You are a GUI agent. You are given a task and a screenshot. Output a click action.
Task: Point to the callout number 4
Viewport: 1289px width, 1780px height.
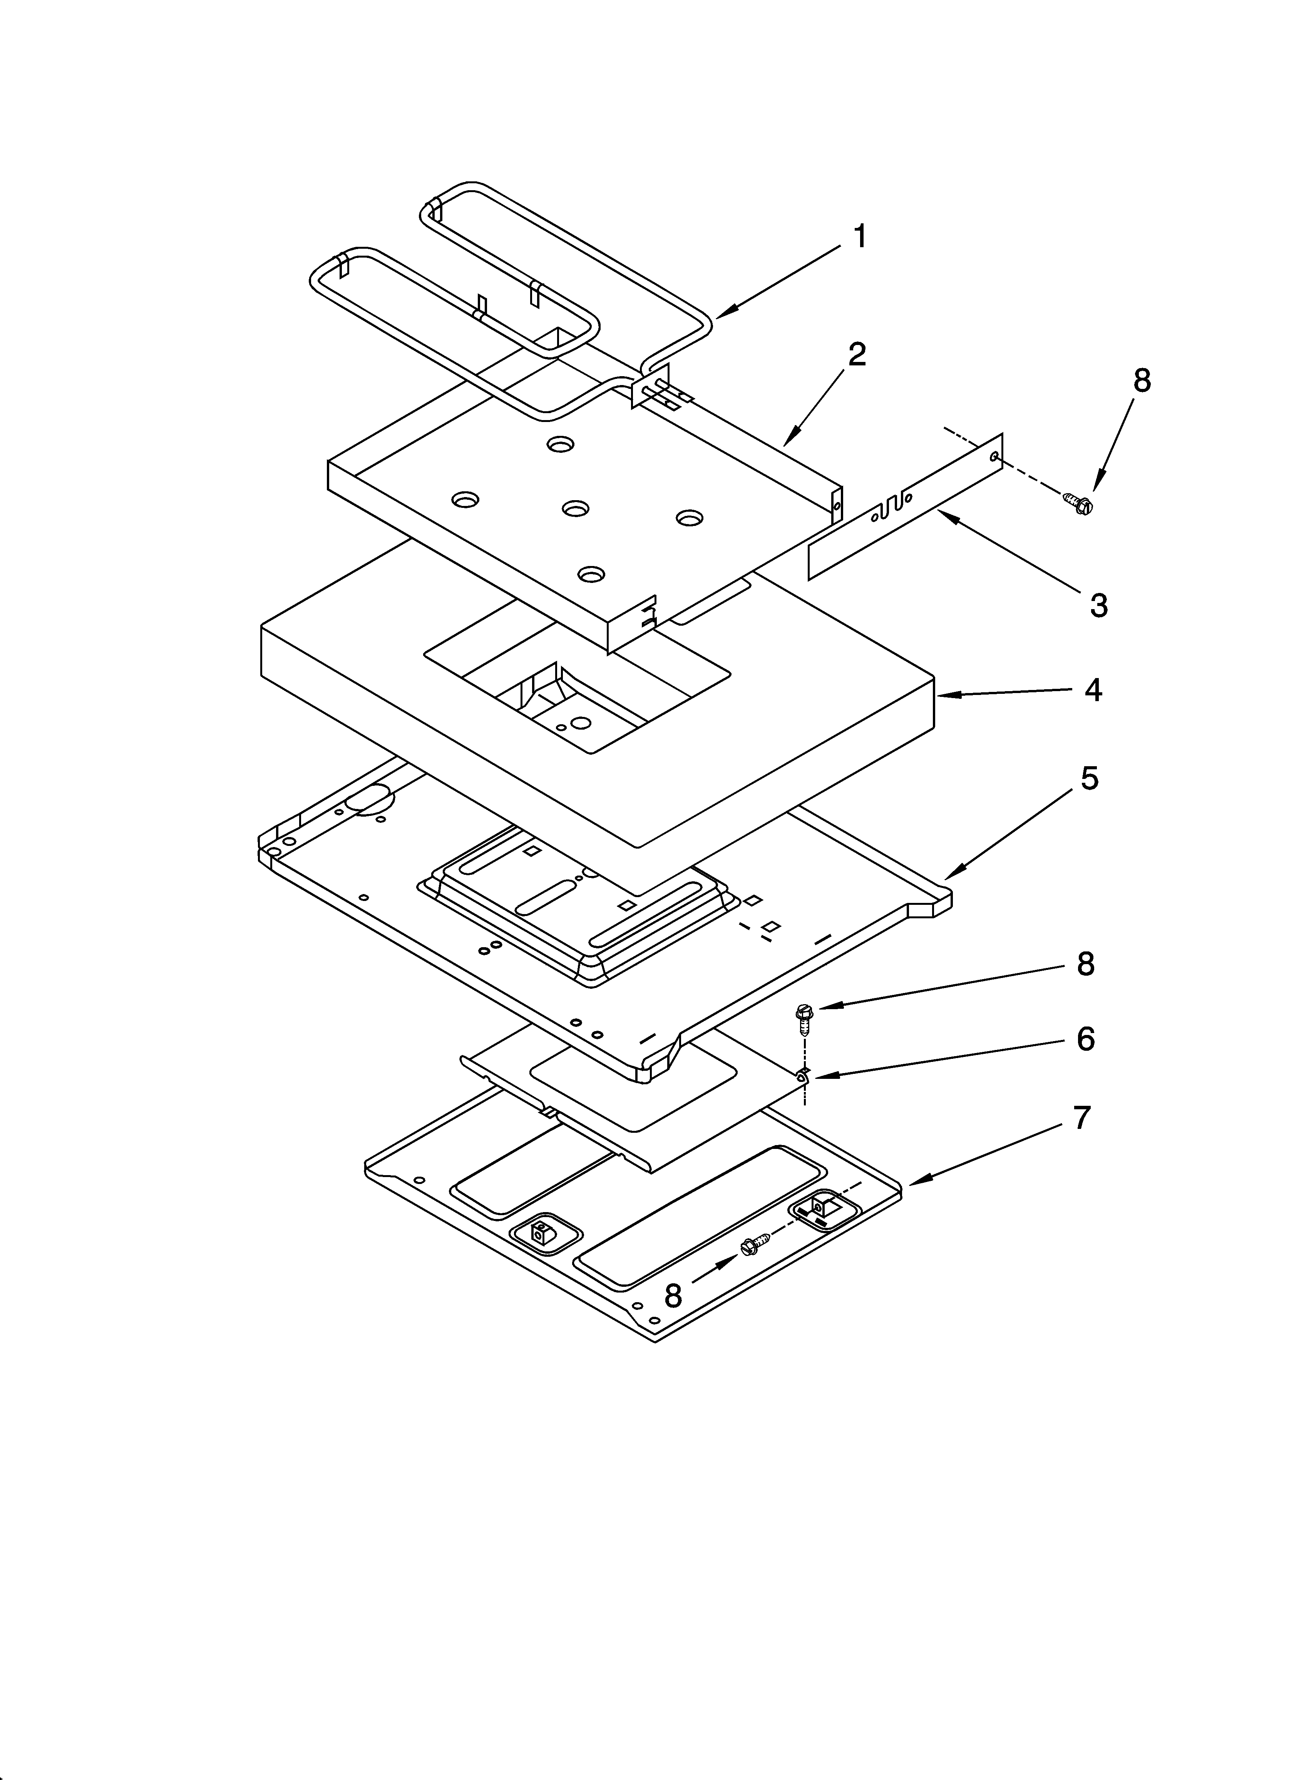point(1093,690)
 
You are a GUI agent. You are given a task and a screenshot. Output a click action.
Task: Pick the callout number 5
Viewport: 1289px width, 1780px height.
point(1089,779)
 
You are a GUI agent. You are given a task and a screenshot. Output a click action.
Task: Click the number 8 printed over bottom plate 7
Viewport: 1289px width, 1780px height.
point(673,1296)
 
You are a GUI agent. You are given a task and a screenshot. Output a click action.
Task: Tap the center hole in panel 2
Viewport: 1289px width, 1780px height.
point(576,509)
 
